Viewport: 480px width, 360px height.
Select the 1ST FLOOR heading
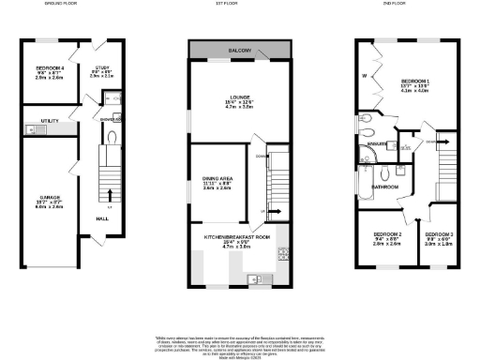point(238,4)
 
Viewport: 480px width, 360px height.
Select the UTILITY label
point(50,122)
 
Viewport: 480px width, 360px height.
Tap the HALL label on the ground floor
point(100,218)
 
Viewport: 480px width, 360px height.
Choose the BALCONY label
point(237,51)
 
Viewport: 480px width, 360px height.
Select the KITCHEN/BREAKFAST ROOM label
point(237,237)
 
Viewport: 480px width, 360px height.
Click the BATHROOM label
point(384,187)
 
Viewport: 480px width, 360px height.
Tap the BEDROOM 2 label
point(387,232)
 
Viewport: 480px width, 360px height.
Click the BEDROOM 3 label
point(437,232)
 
